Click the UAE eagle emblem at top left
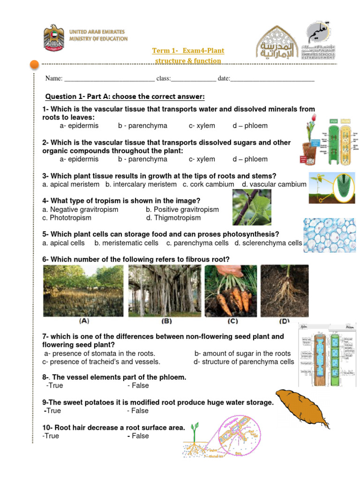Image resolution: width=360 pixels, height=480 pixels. click(x=54, y=39)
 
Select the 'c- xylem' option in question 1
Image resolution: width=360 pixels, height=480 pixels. click(x=202, y=126)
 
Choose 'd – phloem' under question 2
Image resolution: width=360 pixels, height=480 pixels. click(x=250, y=159)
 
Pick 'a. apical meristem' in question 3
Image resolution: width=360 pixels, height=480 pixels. click(x=71, y=185)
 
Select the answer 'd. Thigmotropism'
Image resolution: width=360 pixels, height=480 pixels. click(x=173, y=218)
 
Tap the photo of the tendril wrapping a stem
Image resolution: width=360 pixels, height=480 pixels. click(x=252, y=208)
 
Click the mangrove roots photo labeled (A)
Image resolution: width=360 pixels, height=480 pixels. click(x=83, y=291)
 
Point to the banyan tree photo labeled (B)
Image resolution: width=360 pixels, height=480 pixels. click(x=165, y=291)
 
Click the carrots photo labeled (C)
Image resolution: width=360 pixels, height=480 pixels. click(x=231, y=291)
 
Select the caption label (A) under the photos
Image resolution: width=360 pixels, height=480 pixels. click(x=84, y=322)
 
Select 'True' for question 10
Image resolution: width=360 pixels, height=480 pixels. click(x=51, y=436)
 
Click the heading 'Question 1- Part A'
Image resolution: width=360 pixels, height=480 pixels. click(x=125, y=97)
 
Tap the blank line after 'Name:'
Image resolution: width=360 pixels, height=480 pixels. click(x=109, y=79)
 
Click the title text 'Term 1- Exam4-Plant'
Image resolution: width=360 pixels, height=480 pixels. click(x=188, y=51)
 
